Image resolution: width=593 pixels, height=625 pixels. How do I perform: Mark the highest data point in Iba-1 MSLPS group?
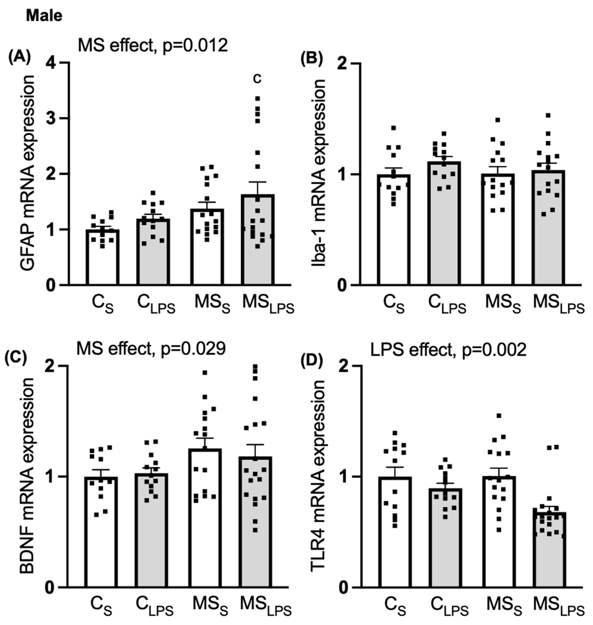coord(548,115)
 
